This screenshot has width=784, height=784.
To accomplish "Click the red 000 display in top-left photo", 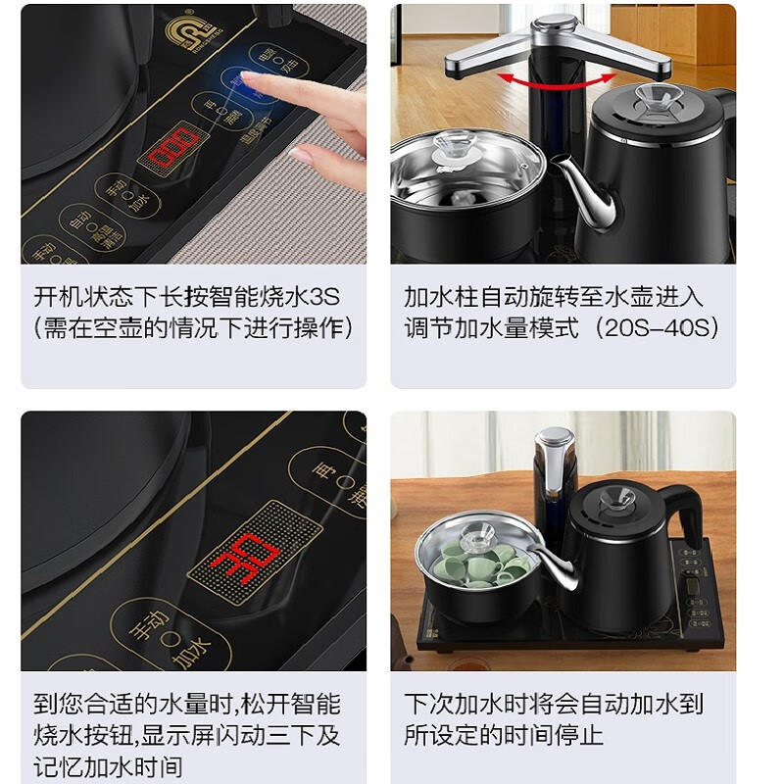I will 172,148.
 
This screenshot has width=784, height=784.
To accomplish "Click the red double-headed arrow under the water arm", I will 549,78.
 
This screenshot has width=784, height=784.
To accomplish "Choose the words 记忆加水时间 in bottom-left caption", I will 108,766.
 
